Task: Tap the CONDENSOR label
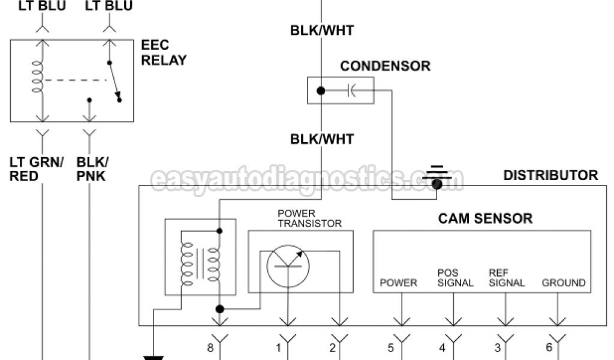(x=385, y=66)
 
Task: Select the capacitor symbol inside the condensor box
(x=351, y=91)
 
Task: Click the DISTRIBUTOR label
(x=550, y=175)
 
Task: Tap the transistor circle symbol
(x=287, y=265)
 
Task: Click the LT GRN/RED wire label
(x=33, y=169)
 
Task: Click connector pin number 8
(x=210, y=347)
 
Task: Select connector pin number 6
(x=549, y=347)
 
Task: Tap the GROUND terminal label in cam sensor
(x=564, y=283)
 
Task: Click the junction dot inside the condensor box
(x=321, y=91)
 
